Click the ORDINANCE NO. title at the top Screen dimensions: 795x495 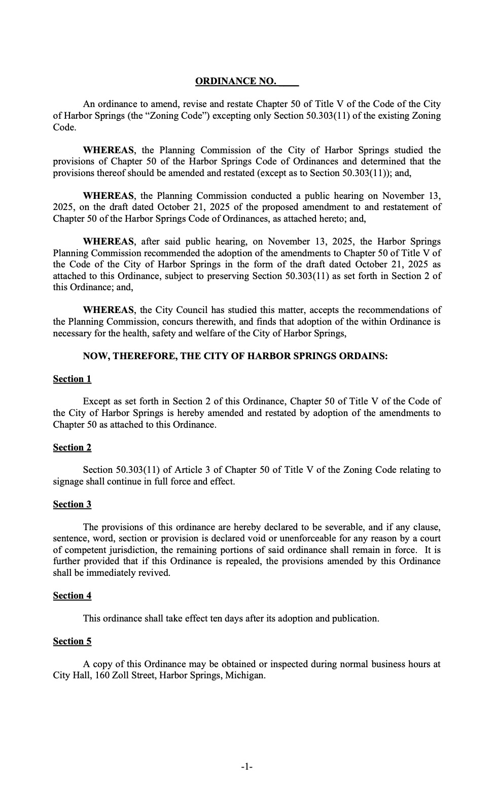(236, 81)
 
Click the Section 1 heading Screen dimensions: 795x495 (72, 379)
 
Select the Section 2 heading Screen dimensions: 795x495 (72, 447)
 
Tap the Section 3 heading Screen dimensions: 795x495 (72, 504)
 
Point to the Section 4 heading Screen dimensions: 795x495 (72, 596)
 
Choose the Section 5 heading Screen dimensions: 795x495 (72, 641)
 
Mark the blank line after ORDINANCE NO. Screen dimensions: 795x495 (289, 81)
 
